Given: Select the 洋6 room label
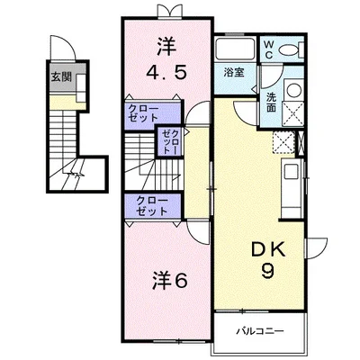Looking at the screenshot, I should tap(168, 280).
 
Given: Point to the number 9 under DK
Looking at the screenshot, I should tap(262, 271).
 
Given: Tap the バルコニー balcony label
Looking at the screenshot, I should tap(260, 331).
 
